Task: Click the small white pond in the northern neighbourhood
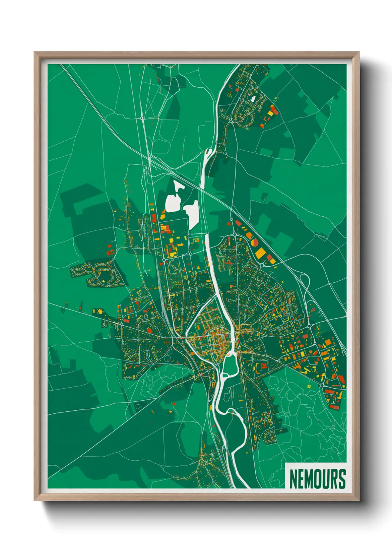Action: (253, 99)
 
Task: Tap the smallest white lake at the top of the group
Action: (179, 186)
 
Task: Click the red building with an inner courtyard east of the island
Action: (264, 366)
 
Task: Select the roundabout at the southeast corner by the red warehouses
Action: (322, 386)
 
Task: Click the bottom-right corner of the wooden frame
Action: (359, 500)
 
